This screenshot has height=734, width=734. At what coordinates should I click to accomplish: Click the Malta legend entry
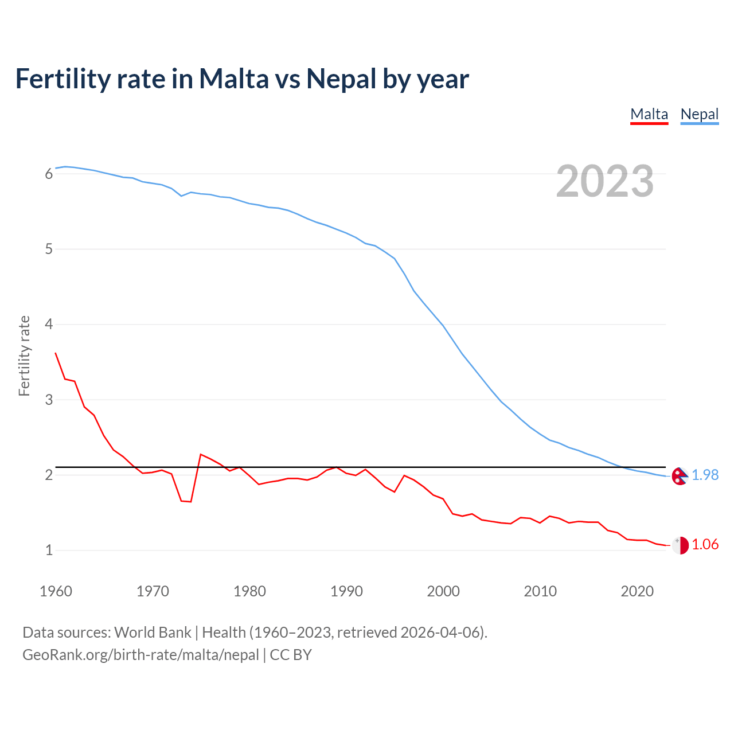click(649, 114)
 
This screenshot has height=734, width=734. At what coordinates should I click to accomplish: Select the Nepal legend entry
click(699, 114)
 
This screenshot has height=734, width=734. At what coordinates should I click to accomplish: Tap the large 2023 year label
click(604, 181)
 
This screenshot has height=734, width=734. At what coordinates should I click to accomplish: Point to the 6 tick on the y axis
click(49, 174)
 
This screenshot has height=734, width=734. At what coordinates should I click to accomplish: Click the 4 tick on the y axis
click(49, 325)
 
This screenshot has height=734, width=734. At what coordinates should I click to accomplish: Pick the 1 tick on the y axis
click(49, 550)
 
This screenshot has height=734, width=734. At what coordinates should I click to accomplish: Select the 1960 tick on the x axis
click(56, 591)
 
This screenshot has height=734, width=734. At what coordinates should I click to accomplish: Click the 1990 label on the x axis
click(346, 591)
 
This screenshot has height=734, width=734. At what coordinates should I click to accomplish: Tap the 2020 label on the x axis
click(637, 591)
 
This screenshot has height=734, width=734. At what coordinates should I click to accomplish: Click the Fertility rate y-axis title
click(24, 356)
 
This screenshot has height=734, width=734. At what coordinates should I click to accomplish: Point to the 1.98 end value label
click(705, 475)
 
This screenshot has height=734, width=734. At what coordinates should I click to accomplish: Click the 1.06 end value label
click(705, 545)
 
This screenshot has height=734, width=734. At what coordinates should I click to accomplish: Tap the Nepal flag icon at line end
click(680, 476)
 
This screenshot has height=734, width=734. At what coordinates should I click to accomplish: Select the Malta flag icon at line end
click(680, 545)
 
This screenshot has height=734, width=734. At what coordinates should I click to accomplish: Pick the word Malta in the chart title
click(233, 79)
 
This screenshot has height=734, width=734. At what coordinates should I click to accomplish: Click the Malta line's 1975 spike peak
click(200, 454)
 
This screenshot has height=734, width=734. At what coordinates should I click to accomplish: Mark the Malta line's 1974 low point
click(190, 502)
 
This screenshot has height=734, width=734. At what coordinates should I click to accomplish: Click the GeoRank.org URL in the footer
click(140, 655)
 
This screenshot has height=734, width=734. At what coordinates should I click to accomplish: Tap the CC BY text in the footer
click(291, 655)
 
